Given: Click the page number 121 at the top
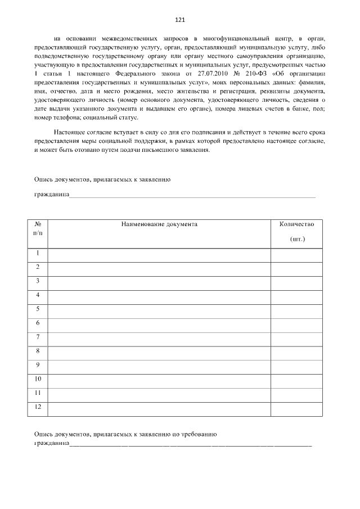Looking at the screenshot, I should (x=180, y=20).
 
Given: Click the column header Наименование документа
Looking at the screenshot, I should (x=159, y=224).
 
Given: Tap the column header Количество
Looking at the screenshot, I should (x=296, y=224).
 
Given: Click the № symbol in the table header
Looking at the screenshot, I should (x=38, y=224).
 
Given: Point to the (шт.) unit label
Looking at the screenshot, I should (x=297, y=239).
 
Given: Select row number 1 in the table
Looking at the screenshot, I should (x=38, y=253).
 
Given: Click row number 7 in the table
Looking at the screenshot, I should (x=38, y=337).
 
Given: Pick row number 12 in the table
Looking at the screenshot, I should (x=38, y=407).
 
